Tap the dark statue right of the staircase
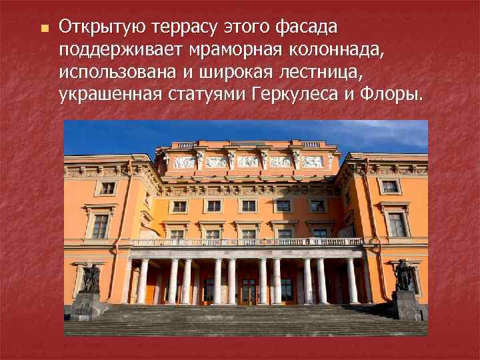[x=403, y=275]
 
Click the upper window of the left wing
[x=108, y=188]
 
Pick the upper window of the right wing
[x=390, y=187]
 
